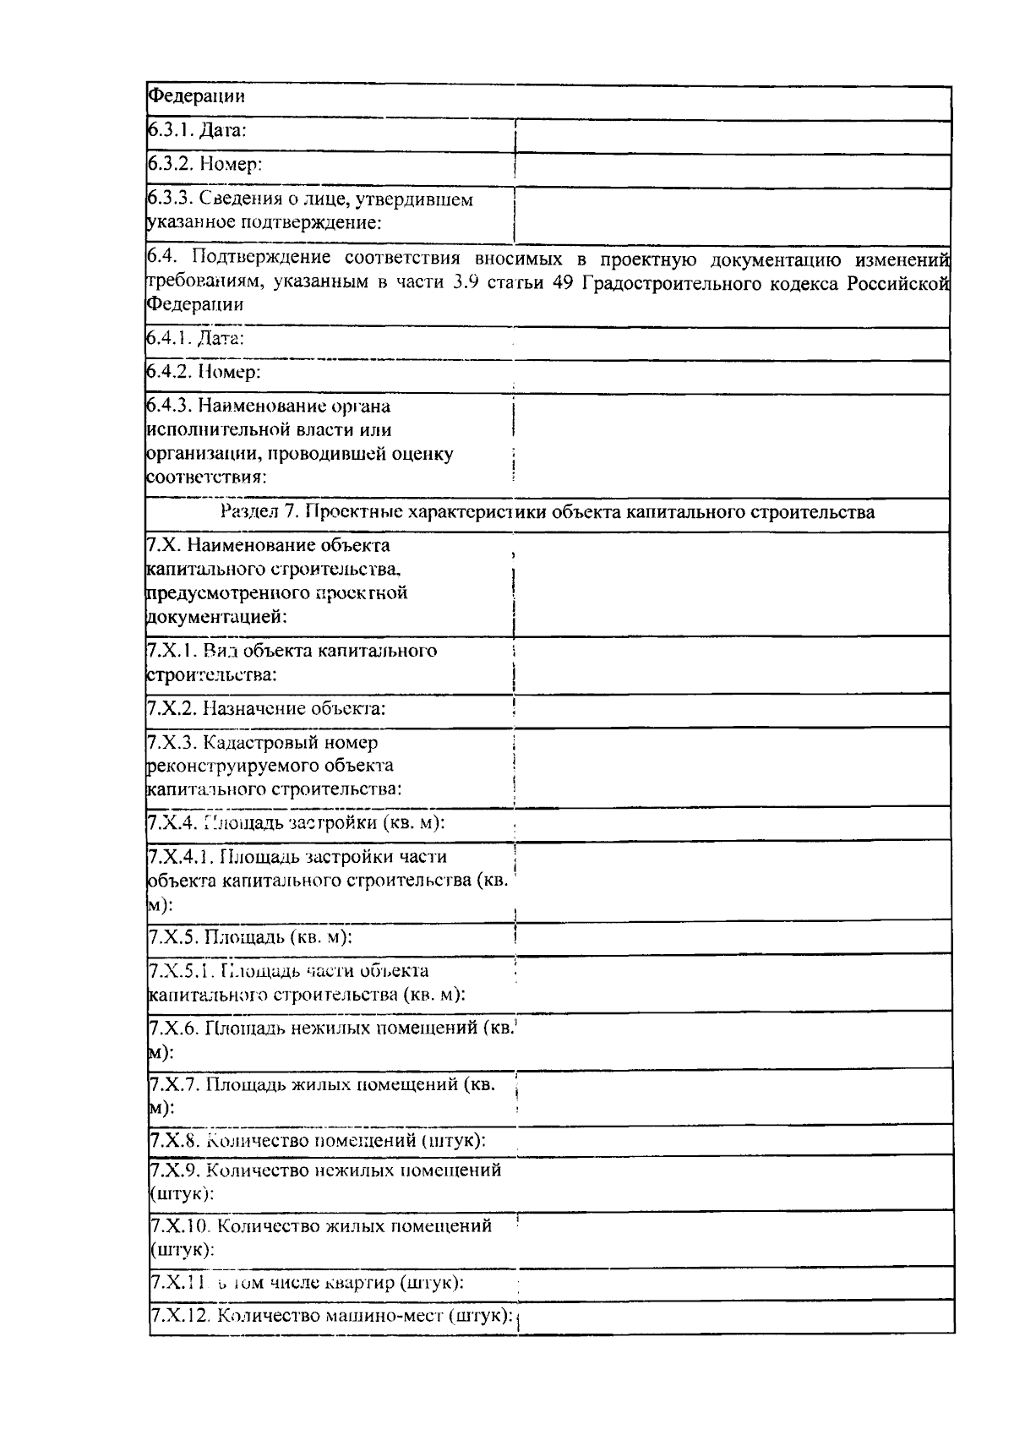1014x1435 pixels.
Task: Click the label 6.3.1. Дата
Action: (x=197, y=130)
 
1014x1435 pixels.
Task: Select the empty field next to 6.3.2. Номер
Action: (x=732, y=165)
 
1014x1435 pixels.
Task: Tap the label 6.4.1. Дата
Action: (x=196, y=338)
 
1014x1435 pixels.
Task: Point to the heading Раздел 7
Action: (x=547, y=511)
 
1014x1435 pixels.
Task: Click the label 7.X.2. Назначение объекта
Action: (x=267, y=708)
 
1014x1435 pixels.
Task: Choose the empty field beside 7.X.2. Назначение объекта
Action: (x=732, y=708)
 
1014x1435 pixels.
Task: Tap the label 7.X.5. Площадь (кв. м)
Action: (x=250, y=937)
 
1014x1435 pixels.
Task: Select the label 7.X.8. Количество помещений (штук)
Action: (x=317, y=1140)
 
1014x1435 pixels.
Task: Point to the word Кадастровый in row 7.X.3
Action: (x=262, y=743)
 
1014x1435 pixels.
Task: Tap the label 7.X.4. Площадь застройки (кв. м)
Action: (x=296, y=822)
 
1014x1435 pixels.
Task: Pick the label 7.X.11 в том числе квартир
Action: (x=307, y=1283)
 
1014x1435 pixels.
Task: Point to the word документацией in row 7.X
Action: (x=216, y=617)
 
